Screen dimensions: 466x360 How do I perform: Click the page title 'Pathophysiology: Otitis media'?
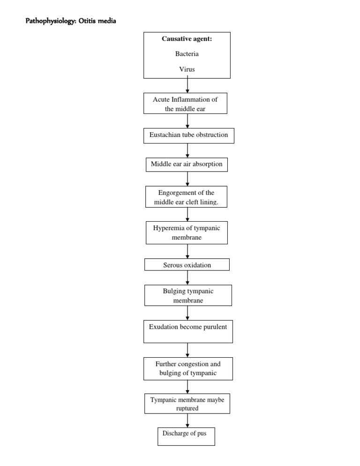pyautogui.click(x=70, y=21)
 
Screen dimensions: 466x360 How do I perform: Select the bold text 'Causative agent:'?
pyautogui.click(x=187, y=39)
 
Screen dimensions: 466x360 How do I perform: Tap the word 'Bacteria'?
pyautogui.click(x=187, y=54)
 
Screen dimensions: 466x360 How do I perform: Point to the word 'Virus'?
pyautogui.click(x=187, y=69)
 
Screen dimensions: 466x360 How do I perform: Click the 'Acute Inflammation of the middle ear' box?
pyautogui.click(x=185, y=104)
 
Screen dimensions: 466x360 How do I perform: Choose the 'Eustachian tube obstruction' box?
pyautogui.click(x=188, y=135)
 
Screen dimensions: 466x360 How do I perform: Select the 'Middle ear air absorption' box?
pyautogui.click(x=187, y=164)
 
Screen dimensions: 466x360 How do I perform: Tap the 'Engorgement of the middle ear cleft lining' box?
pyautogui.click(x=186, y=197)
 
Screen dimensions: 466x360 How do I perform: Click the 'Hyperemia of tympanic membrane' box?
pyautogui.click(x=187, y=233)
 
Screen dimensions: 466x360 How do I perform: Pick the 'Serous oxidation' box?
pyautogui.click(x=187, y=265)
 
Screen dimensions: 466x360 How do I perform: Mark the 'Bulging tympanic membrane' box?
pyautogui.click(x=187, y=295)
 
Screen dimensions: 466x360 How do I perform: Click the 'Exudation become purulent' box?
pyautogui.click(x=187, y=331)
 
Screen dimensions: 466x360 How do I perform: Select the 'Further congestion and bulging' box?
pyautogui.click(x=187, y=368)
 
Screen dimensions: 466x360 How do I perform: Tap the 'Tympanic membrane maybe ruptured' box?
pyautogui.click(x=187, y=404)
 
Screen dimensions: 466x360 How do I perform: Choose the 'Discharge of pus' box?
pyautogui.click(x=186, y=436)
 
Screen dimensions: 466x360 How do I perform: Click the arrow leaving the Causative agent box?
pyautogui.click(x=187, y=85)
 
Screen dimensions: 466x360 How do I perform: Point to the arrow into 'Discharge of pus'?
pyautogui.click(x=187, y=420)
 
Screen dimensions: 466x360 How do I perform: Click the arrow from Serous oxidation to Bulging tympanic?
pyautogui.click(x=187, y=278)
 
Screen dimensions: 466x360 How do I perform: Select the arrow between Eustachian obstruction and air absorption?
pyautogui.click(x=187, y=150)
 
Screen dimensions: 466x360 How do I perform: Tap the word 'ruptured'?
pyautogui.click(x=187, y=408)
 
